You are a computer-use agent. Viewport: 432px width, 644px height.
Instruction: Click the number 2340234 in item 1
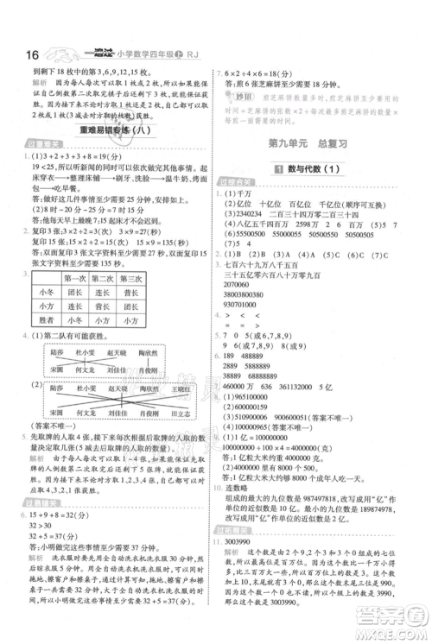[249, 213]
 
